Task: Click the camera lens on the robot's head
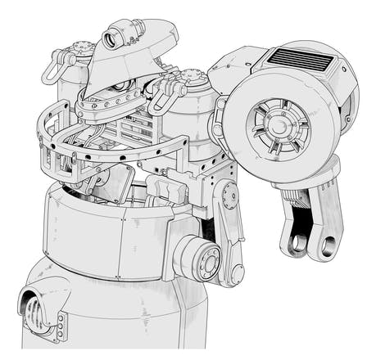click(111, 38)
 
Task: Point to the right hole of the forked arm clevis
click(326, 245)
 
